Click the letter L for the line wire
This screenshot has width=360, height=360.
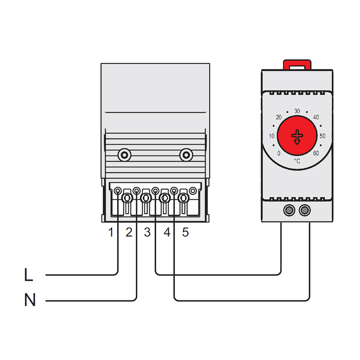pyautogui.click(x=28, y=275)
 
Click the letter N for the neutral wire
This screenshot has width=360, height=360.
pyautogui.click(x=30, y=300)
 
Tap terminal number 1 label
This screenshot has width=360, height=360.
pyautogui.click(x=111, y=233)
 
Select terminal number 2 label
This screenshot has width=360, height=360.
pyautogui.click(x=129, y=233)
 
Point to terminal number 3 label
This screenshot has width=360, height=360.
pyautogui.click(x=147, y=233)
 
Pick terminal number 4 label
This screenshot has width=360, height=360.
pyautogui.click(x=167, y=233)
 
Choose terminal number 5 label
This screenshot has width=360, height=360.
pyautogui.click(x=185, y=233)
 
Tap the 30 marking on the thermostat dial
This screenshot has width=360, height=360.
pyautogui.click(x=297, y=111)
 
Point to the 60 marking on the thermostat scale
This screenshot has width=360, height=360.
pyautogui.click(x=316, y=153)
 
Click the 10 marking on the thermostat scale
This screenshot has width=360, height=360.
pyautogui.click(x=271, y=136)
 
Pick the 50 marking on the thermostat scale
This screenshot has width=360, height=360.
pyautogui.click(x=323, y=136)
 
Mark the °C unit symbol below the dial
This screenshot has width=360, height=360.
pyautogui.click(x=297, y=161)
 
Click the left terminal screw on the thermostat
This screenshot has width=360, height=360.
pyautogui.click(x=288, y=210)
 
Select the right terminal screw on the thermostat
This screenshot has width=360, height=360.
pyautogui.click(x=305, y=210)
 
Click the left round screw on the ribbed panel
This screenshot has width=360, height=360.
pyautogui.click(x=124, y=155)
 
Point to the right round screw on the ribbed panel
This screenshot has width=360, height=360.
pyautogui.click(x=186, y=155)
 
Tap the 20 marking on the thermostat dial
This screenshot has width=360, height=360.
pyautogui.click(x=278, y=117)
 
